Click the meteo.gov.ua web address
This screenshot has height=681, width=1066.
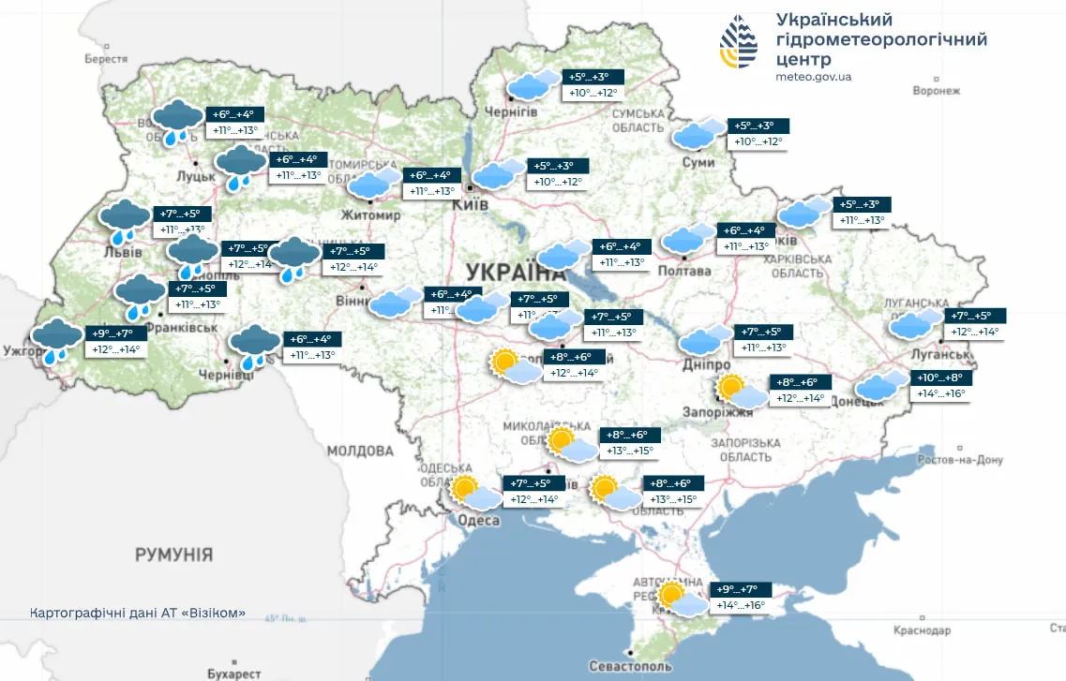(x=814, y=77)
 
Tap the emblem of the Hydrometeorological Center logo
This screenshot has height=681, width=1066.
(x=741, y=41)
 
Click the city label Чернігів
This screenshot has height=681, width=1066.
(x=511, y=111)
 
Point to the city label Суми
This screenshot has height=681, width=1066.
(x=698, y=162)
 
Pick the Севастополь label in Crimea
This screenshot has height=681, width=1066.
(x=630, y=666)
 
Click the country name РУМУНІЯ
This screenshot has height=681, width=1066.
(x=173, y=555)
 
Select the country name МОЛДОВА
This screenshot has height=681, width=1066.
(x=361, y=452)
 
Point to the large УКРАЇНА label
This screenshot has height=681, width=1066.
(x=515, y=273)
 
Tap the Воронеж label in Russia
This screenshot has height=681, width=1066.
(x=937, y=91)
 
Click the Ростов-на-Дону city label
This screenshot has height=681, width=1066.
(x=960, y=460)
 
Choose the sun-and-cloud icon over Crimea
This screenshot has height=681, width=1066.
(x=681, y=599)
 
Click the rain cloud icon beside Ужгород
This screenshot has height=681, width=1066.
(x=56, y=339)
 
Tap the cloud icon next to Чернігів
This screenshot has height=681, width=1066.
(x=529, y=85)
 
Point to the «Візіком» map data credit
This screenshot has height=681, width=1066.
(x=138, y=614)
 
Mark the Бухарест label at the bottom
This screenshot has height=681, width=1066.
(x=234, y=673)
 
